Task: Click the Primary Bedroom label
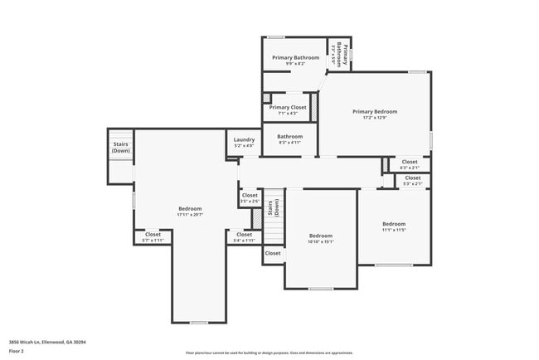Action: tap(374, 111)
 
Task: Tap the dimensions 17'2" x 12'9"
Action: tap(374, 118)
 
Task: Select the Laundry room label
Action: tap(244, 140)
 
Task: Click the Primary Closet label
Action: tap(288, 107)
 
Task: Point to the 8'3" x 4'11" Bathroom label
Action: tap(289, 143)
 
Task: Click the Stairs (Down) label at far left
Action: tap(121, 147)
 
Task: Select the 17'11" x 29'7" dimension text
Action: tap(189, 215)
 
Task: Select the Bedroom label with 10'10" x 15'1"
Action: tap(320, 235)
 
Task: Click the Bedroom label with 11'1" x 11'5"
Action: tap(394, 224)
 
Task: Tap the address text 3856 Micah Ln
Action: tap(47, 341)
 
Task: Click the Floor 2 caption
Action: tap(17, 351)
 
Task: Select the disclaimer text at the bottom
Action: tap(269, 353)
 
